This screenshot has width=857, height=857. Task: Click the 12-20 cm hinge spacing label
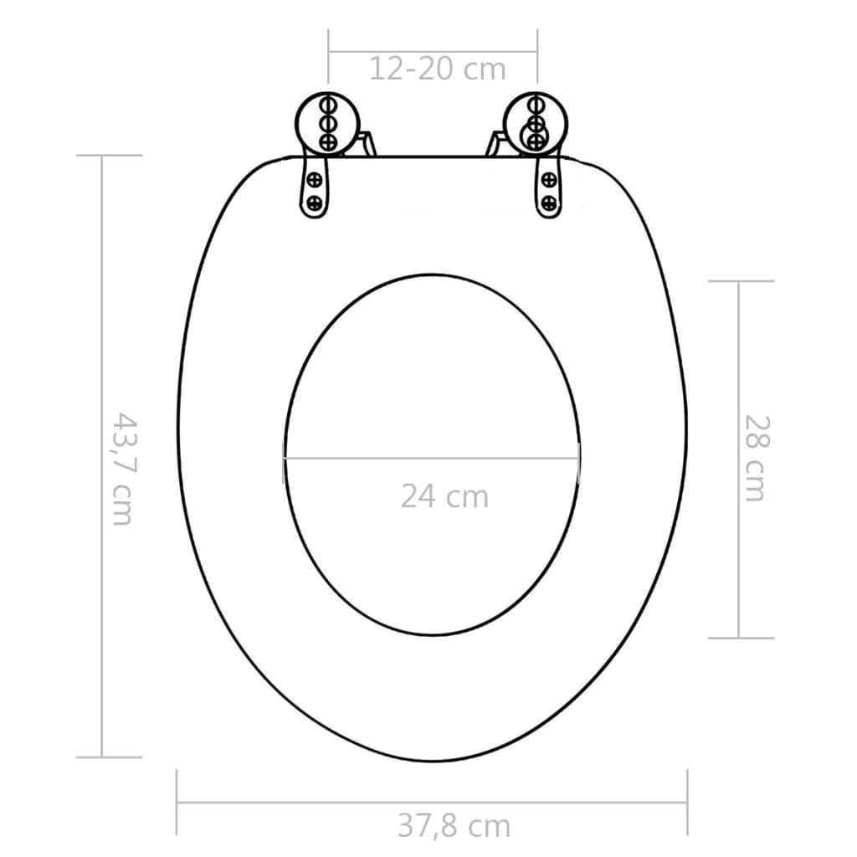pyautogui.click(x=438, y=69)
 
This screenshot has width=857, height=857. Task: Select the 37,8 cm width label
pyautogui.click(x=453, y=826)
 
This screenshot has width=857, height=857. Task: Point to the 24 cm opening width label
pyautogui.click(x=444, y=496)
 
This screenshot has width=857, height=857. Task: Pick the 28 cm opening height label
pyautogui.click(x=754, y=458)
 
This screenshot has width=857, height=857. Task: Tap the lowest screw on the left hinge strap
pyautogui.click(x=316, y=202)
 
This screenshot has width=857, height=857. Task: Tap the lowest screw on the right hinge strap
pyautogui.click(x=549, y=202)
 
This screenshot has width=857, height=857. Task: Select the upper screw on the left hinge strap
pyautogui.click(x=316, y=178)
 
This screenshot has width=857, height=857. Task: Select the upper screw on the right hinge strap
pyautogui.click(x=549, y=178)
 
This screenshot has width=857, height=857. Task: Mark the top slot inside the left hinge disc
pyautogui.click(x=328, y=105)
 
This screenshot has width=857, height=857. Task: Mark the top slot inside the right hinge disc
pyautogui.click(x=533, y=105)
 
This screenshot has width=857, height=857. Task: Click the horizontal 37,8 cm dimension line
pyautogui.click(x=335, y=803)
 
